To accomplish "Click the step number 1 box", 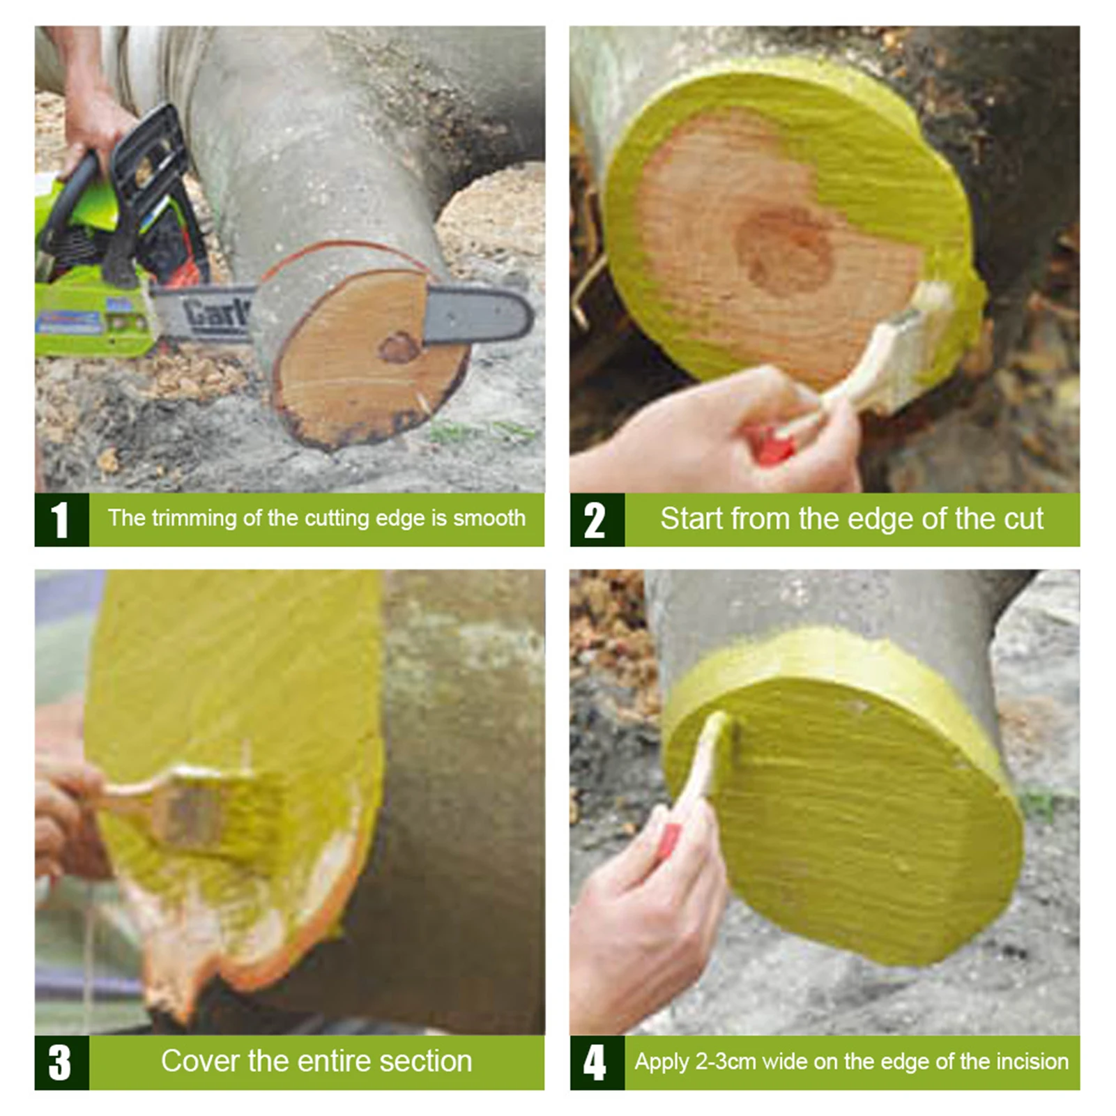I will [x=61, y=520].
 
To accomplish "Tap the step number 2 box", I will [x=596, y=520].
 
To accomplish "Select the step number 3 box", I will [x=61, y=1062].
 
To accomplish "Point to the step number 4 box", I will [x=596, y=1062].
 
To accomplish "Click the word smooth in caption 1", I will [x=489, y=519].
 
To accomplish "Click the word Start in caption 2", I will [x=691, y=519].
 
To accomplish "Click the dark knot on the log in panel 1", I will [x=399, y=346].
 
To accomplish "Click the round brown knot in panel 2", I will [x=786, y=250].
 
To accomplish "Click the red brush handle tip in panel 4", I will [x=668, y=840].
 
